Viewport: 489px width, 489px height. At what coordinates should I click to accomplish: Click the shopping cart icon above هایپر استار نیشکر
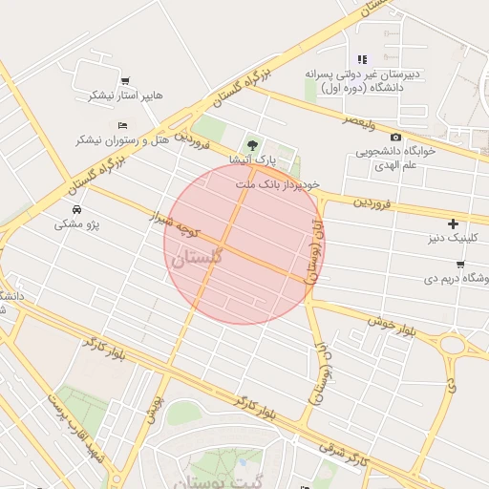125,81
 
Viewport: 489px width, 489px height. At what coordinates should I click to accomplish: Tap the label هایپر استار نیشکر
127,96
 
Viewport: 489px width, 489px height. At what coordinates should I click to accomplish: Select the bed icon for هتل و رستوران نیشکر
121,125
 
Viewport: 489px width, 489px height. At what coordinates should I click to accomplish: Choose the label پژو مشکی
77,224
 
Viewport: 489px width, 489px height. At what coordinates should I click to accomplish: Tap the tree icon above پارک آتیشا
253,142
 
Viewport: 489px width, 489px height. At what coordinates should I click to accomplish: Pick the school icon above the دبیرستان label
362,59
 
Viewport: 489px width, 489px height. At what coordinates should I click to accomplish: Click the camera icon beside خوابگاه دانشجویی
395,137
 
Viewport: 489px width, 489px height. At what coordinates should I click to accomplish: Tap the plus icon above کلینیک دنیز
453,223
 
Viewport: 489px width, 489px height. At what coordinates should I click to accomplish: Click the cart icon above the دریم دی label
460,264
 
